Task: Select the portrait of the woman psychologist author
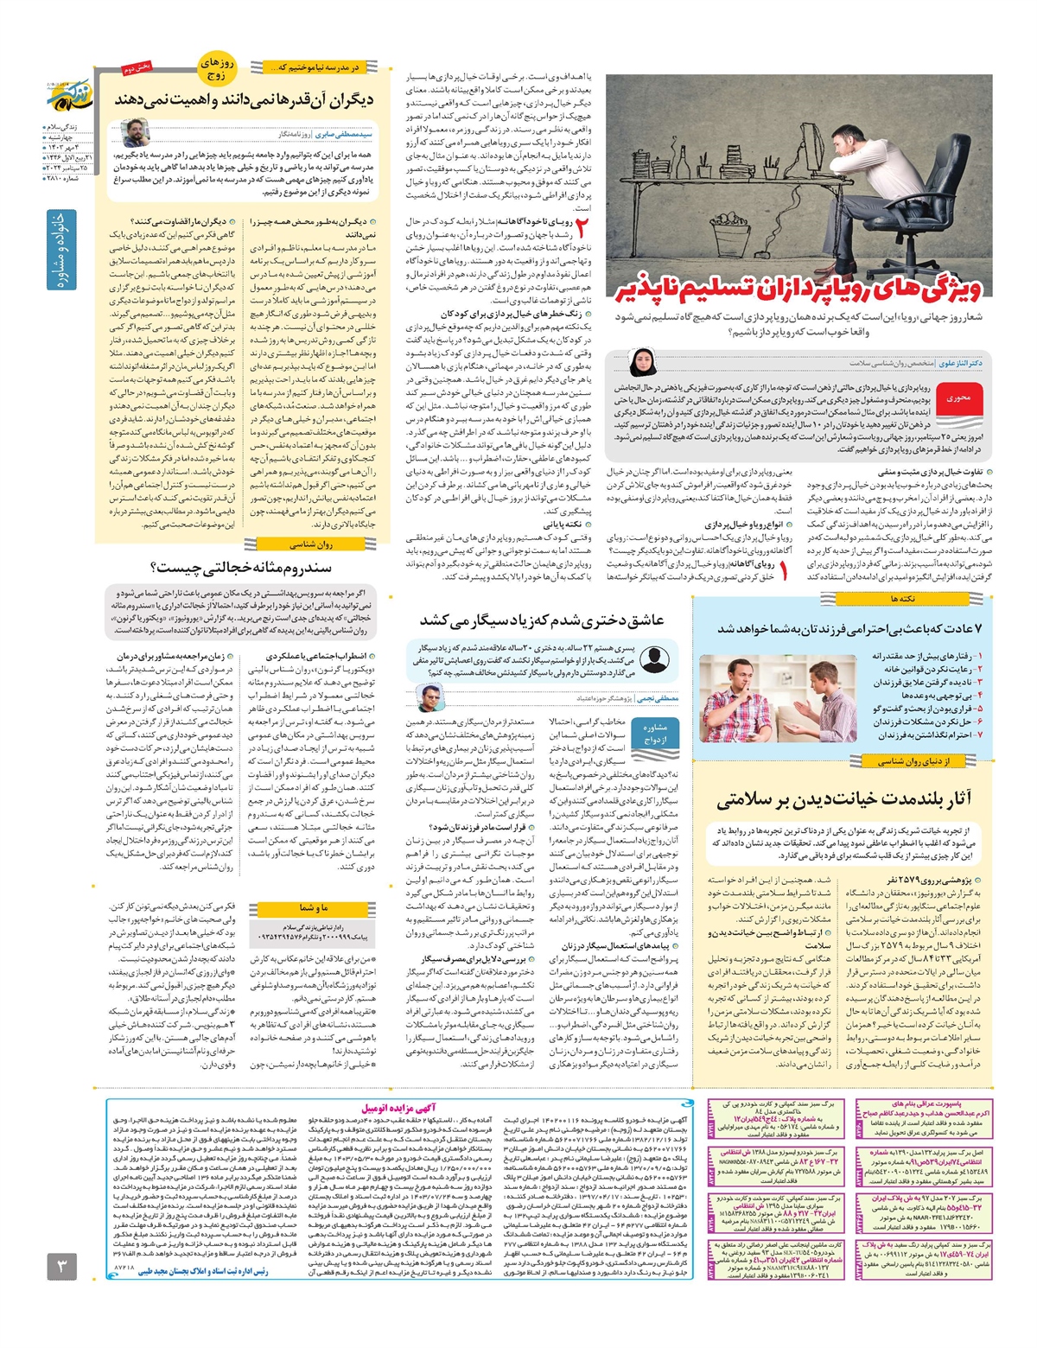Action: (x=642, y=362)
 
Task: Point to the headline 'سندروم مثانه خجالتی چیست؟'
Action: (x=240, y=567)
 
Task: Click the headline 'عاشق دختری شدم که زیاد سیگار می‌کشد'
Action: (x=542, y=620)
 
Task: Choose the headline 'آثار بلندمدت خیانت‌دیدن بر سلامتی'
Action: (x=843, y=798)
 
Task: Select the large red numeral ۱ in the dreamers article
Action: (x=783, y=570)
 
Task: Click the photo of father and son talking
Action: (x=753, y=698)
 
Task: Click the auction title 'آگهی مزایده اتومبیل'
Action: (x=398, y=1107)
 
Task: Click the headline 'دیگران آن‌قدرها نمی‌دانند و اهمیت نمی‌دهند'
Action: (x=245, y=100)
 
